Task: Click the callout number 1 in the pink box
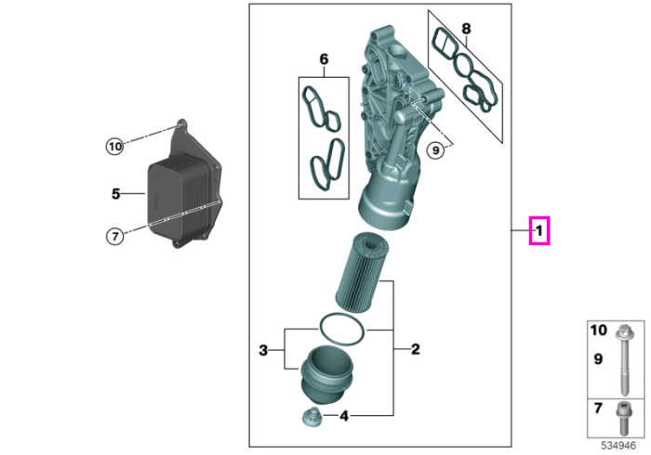click(538, 231)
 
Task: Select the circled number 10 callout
click(115, 147)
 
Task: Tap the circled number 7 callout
click(115, 236)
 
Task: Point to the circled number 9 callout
click(435, 149)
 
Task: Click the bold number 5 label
click(116, 193)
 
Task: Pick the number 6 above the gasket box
click(324, 59)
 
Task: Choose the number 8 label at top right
click(466, 29)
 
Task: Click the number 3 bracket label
click(263, 350)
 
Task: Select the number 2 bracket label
click(415, 349)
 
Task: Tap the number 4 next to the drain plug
click(344, 416)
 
